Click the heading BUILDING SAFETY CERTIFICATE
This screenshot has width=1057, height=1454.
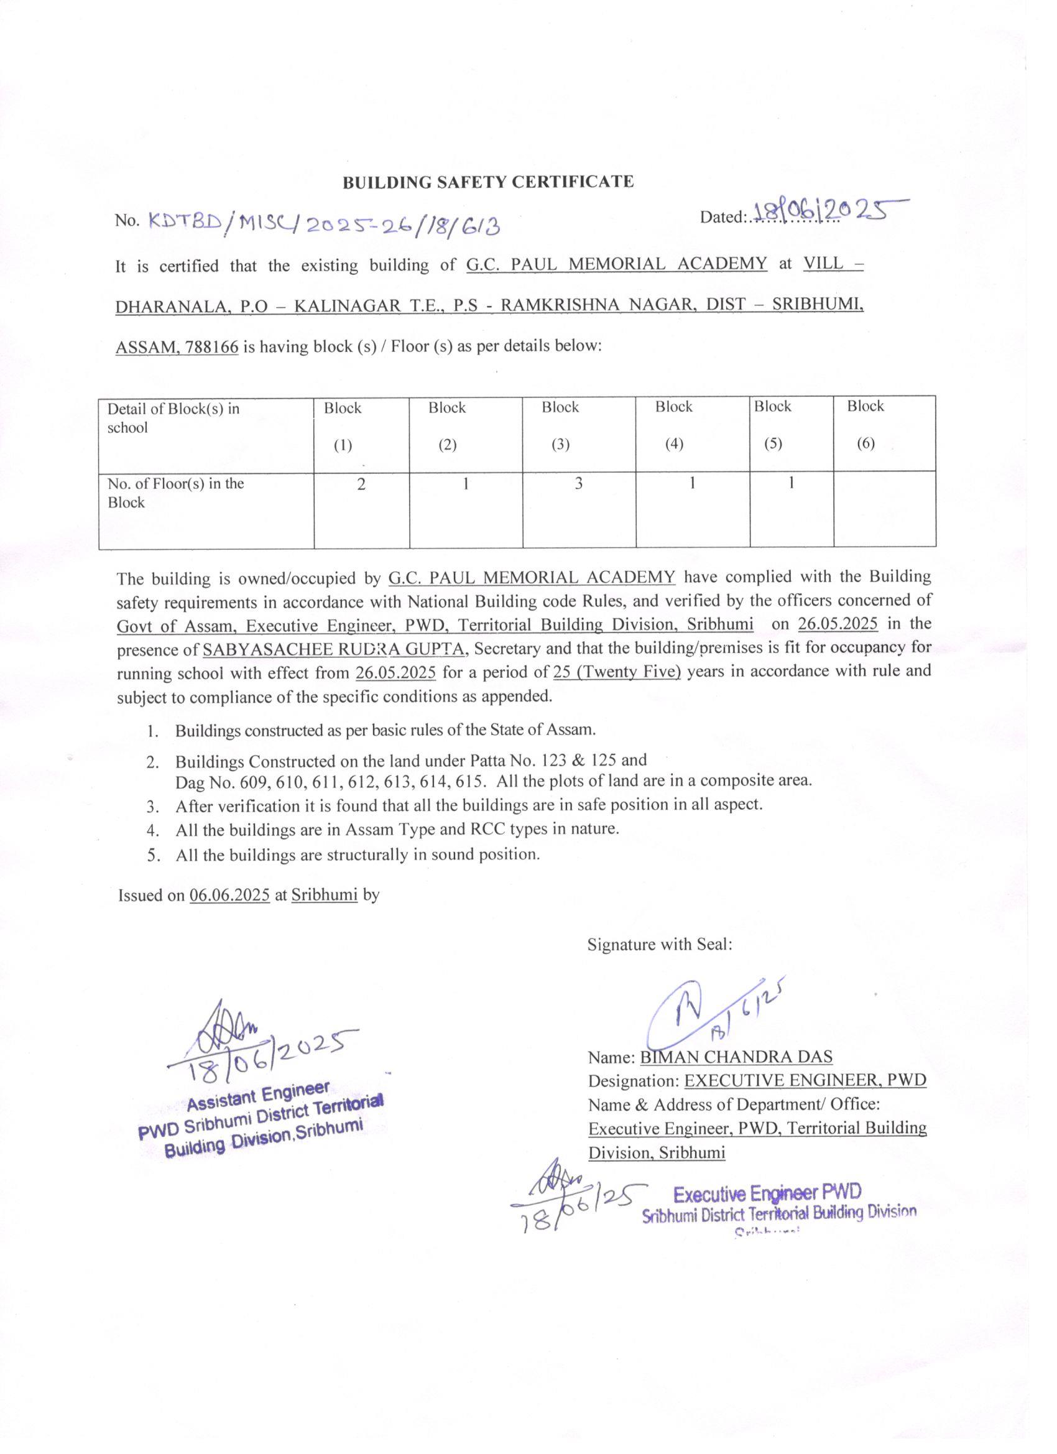pos(488,182)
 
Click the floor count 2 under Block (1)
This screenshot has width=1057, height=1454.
pos(361,485)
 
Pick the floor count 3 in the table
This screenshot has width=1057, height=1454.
pos(578,484)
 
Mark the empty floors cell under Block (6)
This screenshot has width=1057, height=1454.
pos(884,509)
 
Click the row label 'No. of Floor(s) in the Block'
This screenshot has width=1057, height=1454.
pos(177,493)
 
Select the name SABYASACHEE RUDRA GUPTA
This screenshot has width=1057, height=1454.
pos(334,649)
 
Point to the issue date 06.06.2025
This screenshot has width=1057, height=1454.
pos(229,895)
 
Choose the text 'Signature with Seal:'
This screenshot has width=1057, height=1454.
pos(660,944)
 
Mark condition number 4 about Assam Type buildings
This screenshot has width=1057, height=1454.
pos(397,830)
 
